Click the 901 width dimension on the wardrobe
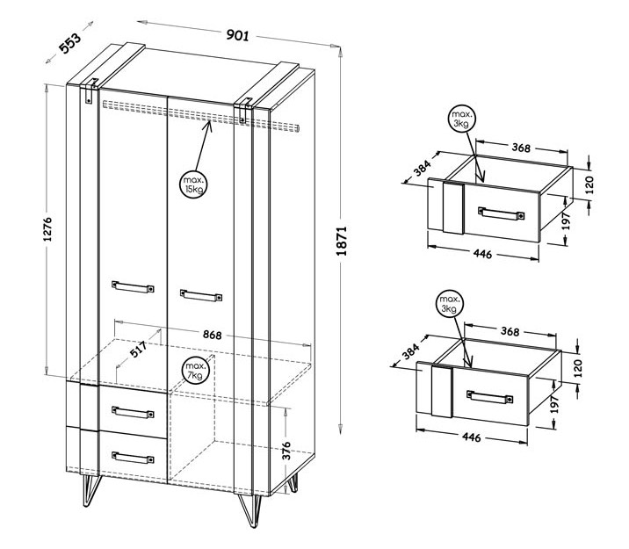coord(238,35)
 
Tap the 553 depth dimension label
coord(69,43)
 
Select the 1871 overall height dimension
coord(342,241)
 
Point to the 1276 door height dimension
coord(47,229)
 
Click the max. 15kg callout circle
coord(193,184)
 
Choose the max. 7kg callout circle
coord(195,371)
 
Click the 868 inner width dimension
coord(212,335)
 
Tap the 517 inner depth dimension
coord(138,350)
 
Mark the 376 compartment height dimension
coord(286,451)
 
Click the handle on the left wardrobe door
coord(133,286)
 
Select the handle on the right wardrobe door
coord(201,295)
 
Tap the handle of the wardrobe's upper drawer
coord(133,412)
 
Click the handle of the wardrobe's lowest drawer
coord(133,458)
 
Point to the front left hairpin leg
coord(90,490)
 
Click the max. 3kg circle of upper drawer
coord(461,119)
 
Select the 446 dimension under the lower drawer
coord(472,437)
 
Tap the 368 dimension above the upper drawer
coord(521,148)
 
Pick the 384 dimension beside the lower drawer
coord(411,351)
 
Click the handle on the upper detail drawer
coord(501,213)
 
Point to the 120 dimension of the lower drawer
coord(578,368)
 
